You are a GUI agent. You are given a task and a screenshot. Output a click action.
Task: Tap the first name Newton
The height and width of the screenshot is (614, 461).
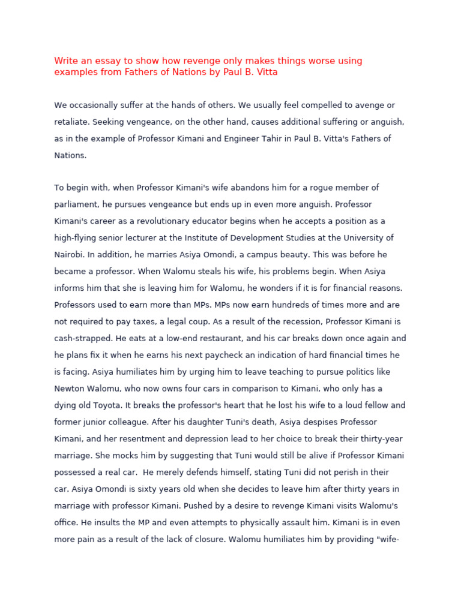click(x=70, y=389)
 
